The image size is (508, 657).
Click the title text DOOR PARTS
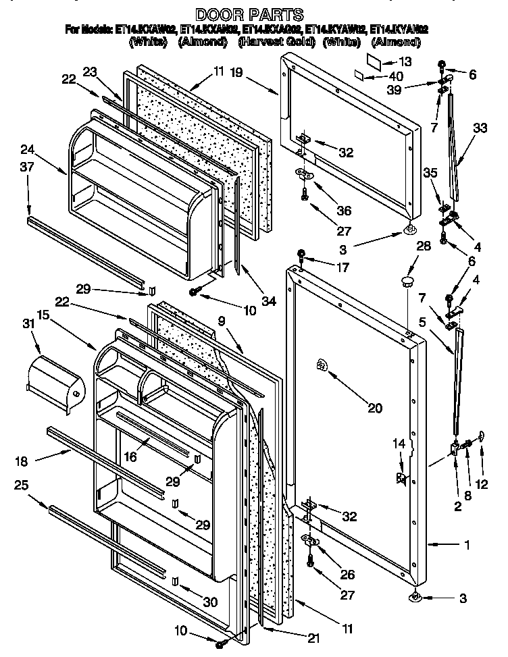coord(249,14)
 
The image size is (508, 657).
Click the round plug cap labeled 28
coord(407,282)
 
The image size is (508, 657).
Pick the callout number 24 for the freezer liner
coord(26,150)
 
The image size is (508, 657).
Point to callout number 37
coord(26,167)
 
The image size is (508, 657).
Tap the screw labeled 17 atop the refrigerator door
coord(302,255)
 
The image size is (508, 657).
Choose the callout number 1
coord(467,544)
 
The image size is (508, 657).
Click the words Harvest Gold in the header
coord(278,42)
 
